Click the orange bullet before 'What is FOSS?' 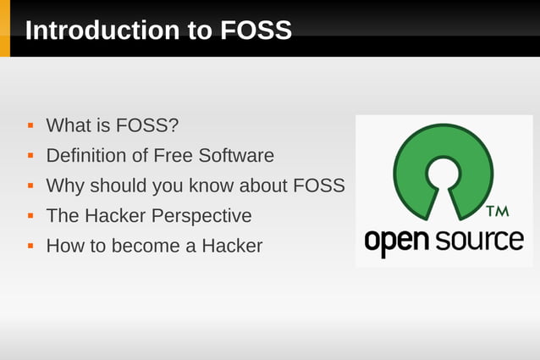(30, 125)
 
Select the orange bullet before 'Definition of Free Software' (30, 155)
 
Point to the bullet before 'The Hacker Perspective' (30, 215)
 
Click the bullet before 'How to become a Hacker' (30, 246)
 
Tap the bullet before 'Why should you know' (30, 186)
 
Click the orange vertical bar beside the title (5, 29)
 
